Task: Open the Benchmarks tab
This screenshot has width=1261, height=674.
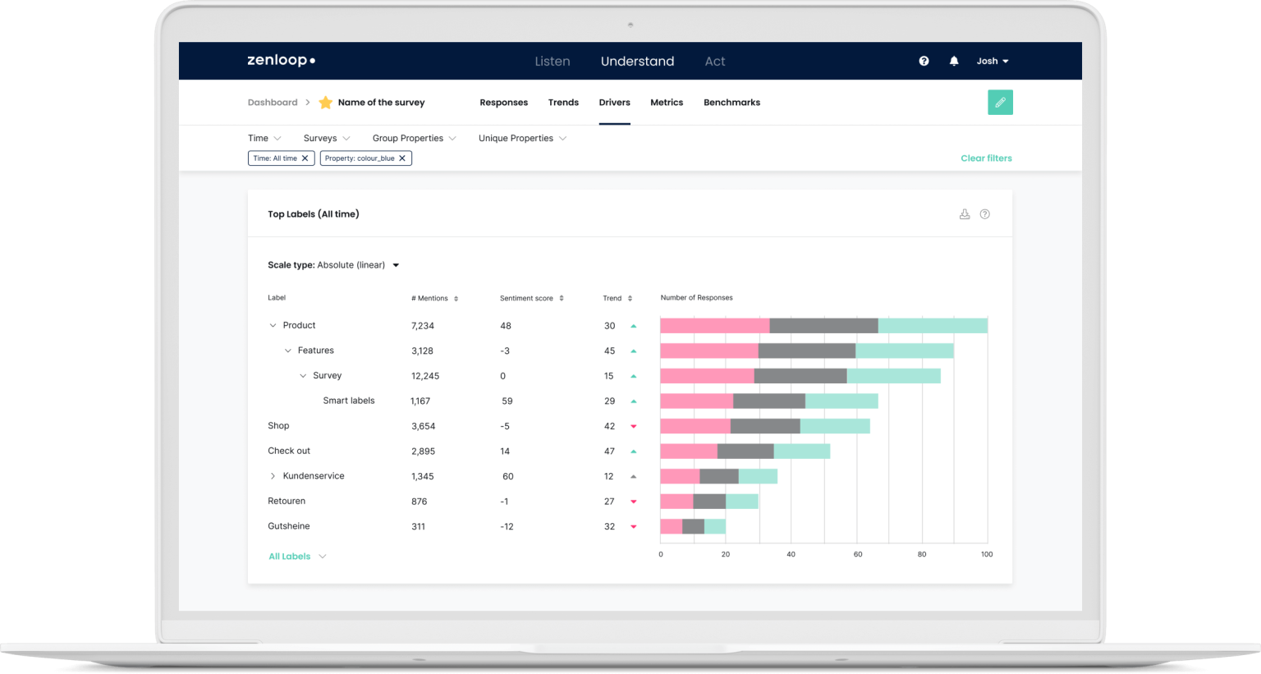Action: point(731,103)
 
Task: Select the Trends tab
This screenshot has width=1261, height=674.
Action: point(563,103)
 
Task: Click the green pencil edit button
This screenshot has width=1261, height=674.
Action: point(1000,103)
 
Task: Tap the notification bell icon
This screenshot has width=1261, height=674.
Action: point(954,61)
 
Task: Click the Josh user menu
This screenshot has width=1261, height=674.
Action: point(992,61)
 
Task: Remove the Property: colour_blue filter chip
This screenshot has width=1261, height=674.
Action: point(402,158)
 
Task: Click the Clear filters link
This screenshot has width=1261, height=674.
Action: point(986,158)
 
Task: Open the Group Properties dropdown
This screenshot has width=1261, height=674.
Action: point(414,138)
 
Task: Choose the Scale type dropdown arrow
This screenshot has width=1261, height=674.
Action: point(396,265)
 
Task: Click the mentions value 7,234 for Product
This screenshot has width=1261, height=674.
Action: point(423,326)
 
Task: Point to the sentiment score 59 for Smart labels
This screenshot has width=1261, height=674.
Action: point(507,401)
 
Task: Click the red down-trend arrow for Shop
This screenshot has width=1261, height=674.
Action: point(633,426)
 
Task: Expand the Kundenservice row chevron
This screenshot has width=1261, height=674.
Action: point(273,476)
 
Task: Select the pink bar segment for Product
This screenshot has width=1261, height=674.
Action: point(714,326)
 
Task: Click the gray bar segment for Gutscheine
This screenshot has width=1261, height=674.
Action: point(693,526)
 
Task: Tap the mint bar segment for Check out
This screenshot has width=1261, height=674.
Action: point(801,452)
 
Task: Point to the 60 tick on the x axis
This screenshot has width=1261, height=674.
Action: point(857,554)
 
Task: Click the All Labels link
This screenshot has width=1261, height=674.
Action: point(290,557)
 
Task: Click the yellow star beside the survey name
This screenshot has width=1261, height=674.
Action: point(326,103)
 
